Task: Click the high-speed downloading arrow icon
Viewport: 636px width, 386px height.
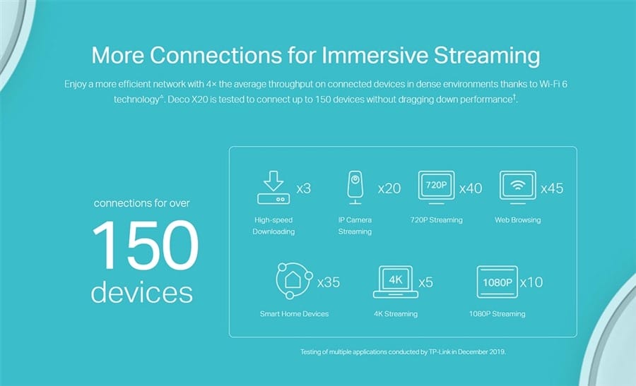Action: click(273, 187)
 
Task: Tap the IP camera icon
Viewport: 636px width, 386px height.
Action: click(355, 188)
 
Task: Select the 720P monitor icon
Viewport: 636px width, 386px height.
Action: click(437, 187)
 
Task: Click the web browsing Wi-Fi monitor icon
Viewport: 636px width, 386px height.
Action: click(517, 187)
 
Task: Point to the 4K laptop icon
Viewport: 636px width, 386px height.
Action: click(396, 282)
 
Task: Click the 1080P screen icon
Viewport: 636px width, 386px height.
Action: click(497, 282)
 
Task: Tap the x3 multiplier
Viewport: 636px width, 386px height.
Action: click(303, 188)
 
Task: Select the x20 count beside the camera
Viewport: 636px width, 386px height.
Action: click(389, 188)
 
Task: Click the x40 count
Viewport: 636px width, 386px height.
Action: click(471, 188)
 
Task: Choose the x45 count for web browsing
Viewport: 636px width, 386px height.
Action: click(552, 188)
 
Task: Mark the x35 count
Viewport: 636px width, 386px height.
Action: click(329, 282)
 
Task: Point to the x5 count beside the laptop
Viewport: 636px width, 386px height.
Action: click(426, 282)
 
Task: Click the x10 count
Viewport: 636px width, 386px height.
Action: click(531, 282)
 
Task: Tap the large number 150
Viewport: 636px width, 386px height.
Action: click(145, 245)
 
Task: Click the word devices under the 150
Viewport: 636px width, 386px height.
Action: click(141, 292)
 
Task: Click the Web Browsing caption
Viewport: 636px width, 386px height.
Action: click(517, 220)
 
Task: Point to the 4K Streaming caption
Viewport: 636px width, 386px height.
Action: click(396, 314)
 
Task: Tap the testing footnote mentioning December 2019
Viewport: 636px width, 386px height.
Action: click(403, 352)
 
